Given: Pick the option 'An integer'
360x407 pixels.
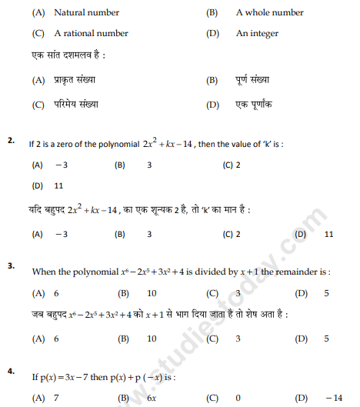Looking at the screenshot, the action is click(x=257, y=33).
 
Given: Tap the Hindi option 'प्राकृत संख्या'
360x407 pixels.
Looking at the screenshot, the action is click(x=76, y=80).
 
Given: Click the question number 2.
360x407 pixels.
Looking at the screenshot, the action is click(x=11, y=141).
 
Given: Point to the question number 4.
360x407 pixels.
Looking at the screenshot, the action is click(x=11, y=371).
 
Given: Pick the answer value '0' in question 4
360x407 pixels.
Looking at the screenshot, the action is click(x=238, y=397).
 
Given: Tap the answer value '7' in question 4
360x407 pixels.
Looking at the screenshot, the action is click(x=55, y=397).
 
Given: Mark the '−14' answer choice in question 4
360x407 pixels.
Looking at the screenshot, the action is click(x=333, y=397).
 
